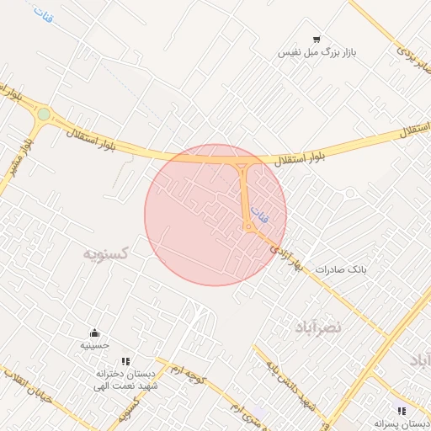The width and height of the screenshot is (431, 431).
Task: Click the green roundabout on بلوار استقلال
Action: tap(44, 114)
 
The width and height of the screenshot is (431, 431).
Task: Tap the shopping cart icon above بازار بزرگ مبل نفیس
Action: tap(317, 39)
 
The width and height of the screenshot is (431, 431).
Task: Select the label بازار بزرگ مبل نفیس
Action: tap(318, 52)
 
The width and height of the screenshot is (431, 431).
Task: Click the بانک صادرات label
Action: tap(343, 269)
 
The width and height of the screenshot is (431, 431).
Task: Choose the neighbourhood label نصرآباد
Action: tap(317, 326)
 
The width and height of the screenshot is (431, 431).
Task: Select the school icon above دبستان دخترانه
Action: tap(125, 361)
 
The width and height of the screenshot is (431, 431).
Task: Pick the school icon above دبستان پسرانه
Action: tap(402, 411)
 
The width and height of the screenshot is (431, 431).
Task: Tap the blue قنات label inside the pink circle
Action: tap(263, 215)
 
